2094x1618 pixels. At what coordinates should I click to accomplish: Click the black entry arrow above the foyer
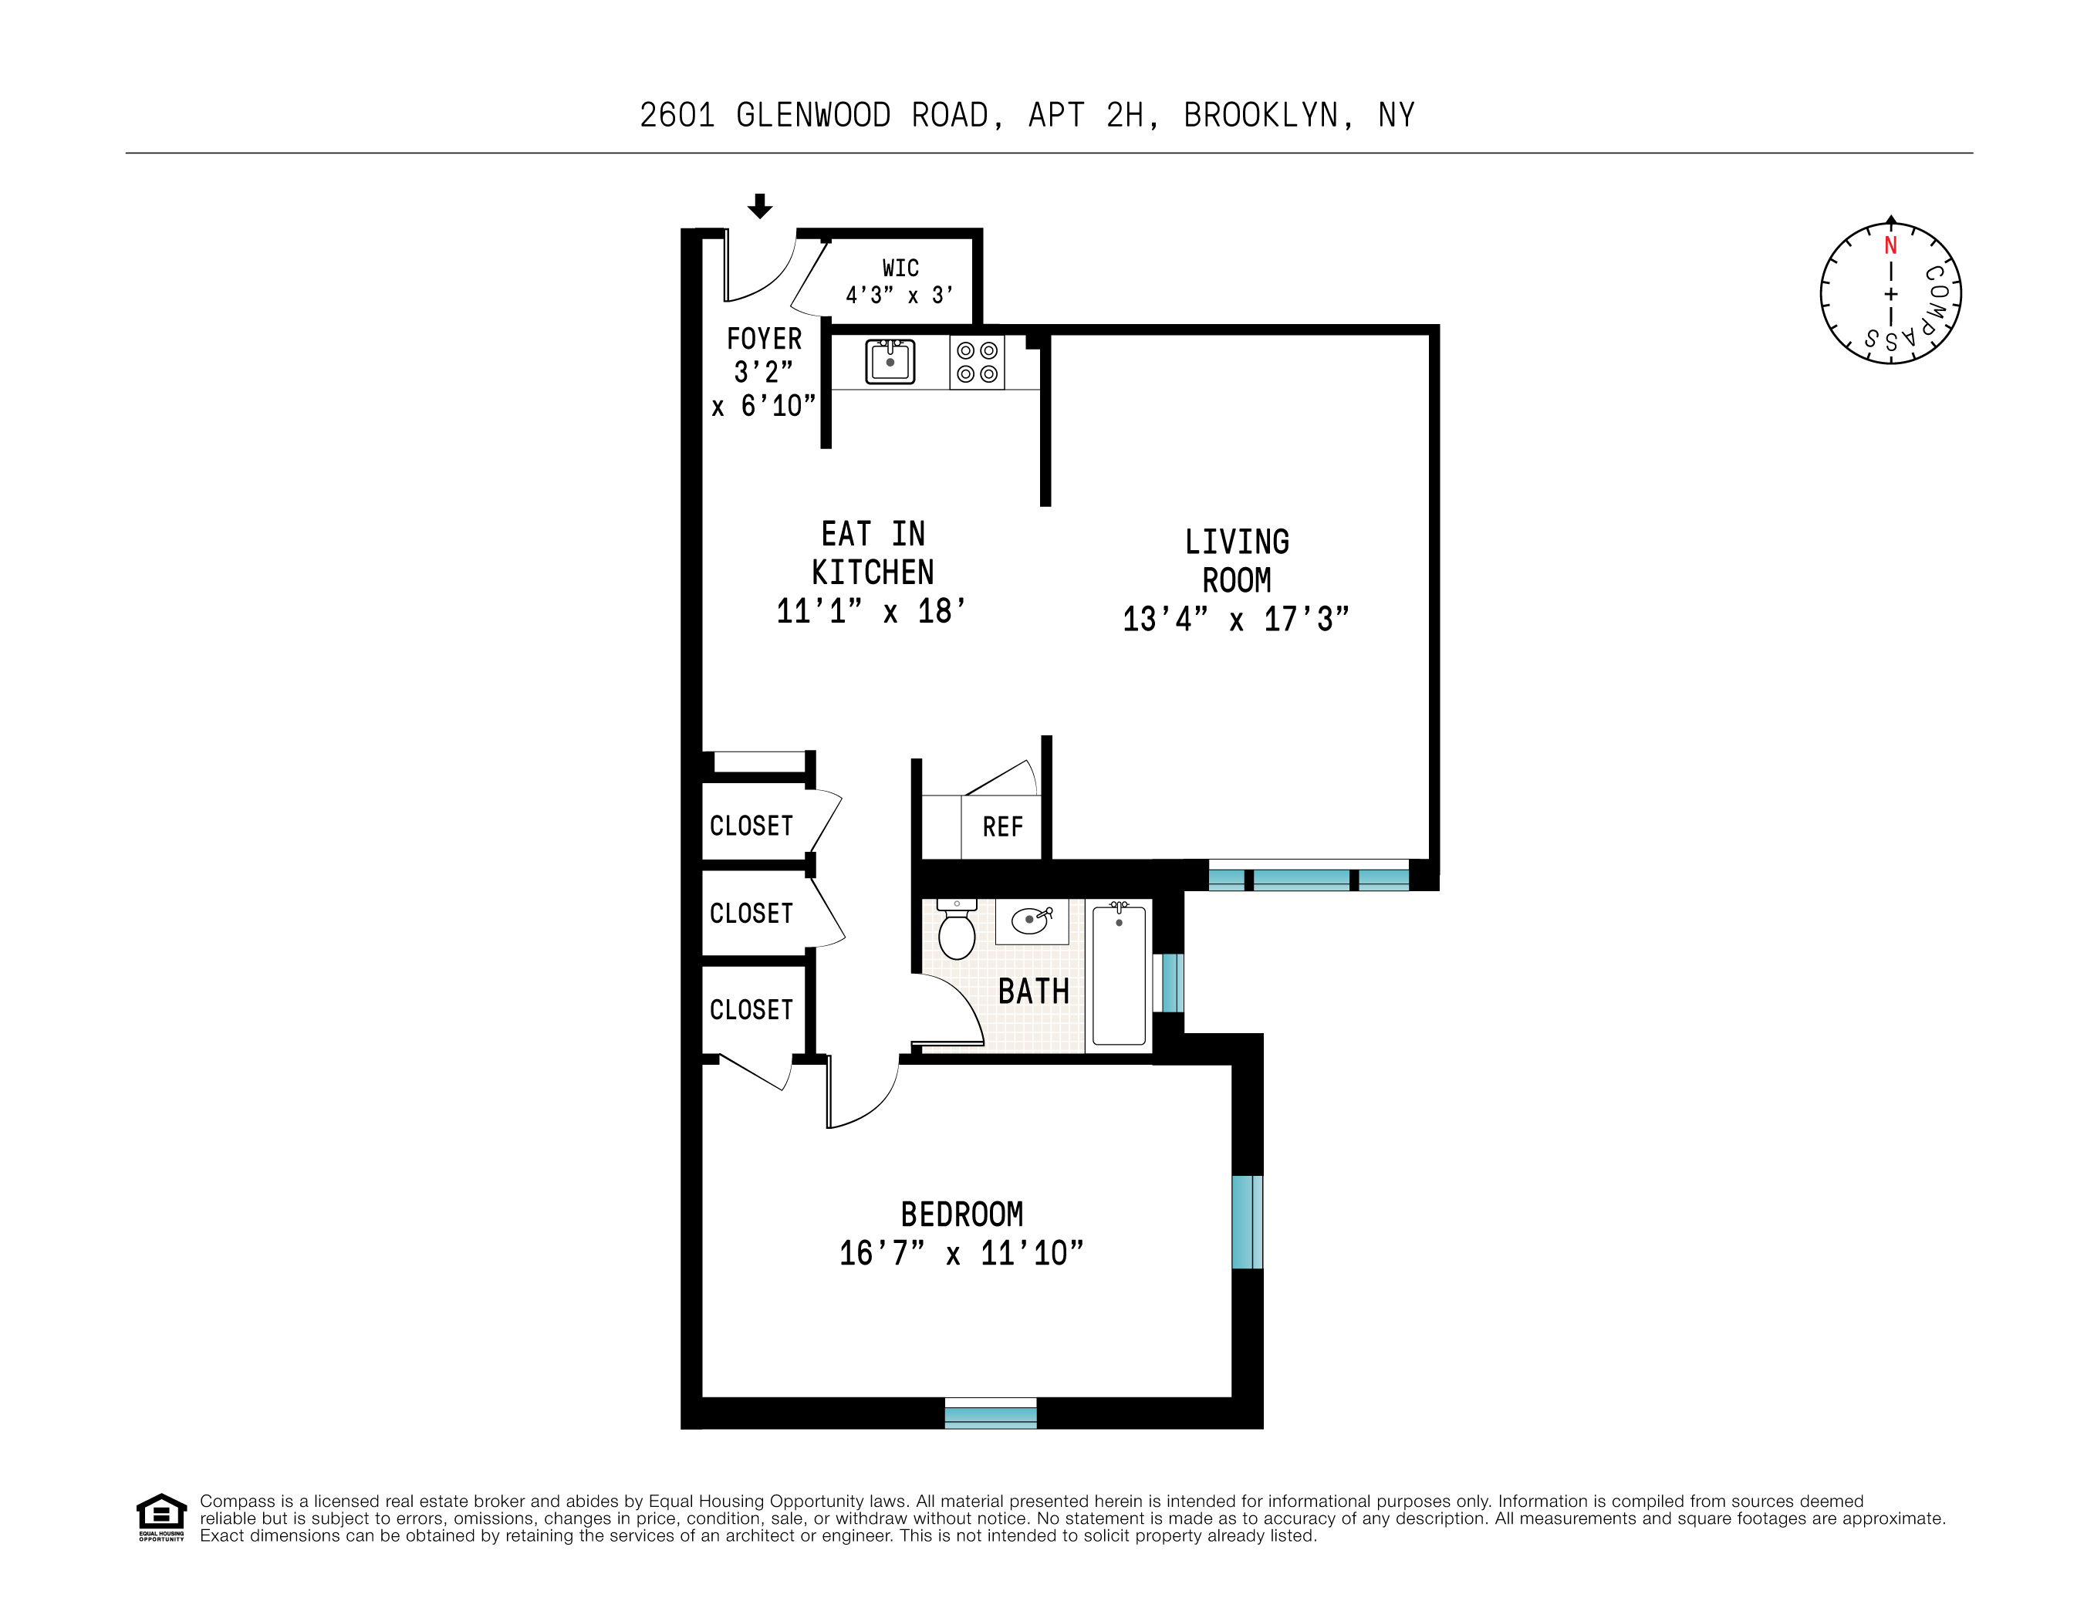[x=759, y=205]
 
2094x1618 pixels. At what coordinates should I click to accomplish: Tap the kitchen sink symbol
[x=890, y=362]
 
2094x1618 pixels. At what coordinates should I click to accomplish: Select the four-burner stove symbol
[x=977, y=362]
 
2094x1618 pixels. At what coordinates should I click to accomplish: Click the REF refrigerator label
[x=1002, y=826]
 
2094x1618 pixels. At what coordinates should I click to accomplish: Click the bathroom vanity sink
[x=1031, y=920]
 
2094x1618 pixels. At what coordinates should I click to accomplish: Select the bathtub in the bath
[x=1118, y=975]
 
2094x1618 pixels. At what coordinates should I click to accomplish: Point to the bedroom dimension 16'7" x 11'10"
[x=961, y=1252]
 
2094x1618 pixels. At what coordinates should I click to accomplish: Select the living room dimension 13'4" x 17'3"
[x=1235, y=620]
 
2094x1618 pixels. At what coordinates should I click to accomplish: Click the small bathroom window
[x=1170, y=982]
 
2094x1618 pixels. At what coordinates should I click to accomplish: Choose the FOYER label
[x=763, y=339]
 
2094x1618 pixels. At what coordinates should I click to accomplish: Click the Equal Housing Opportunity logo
[x=161, y=1516]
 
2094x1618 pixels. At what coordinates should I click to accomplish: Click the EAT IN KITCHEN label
[x=872, y=552]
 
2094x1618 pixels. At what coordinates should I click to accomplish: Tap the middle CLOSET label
[x=751, y=913]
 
